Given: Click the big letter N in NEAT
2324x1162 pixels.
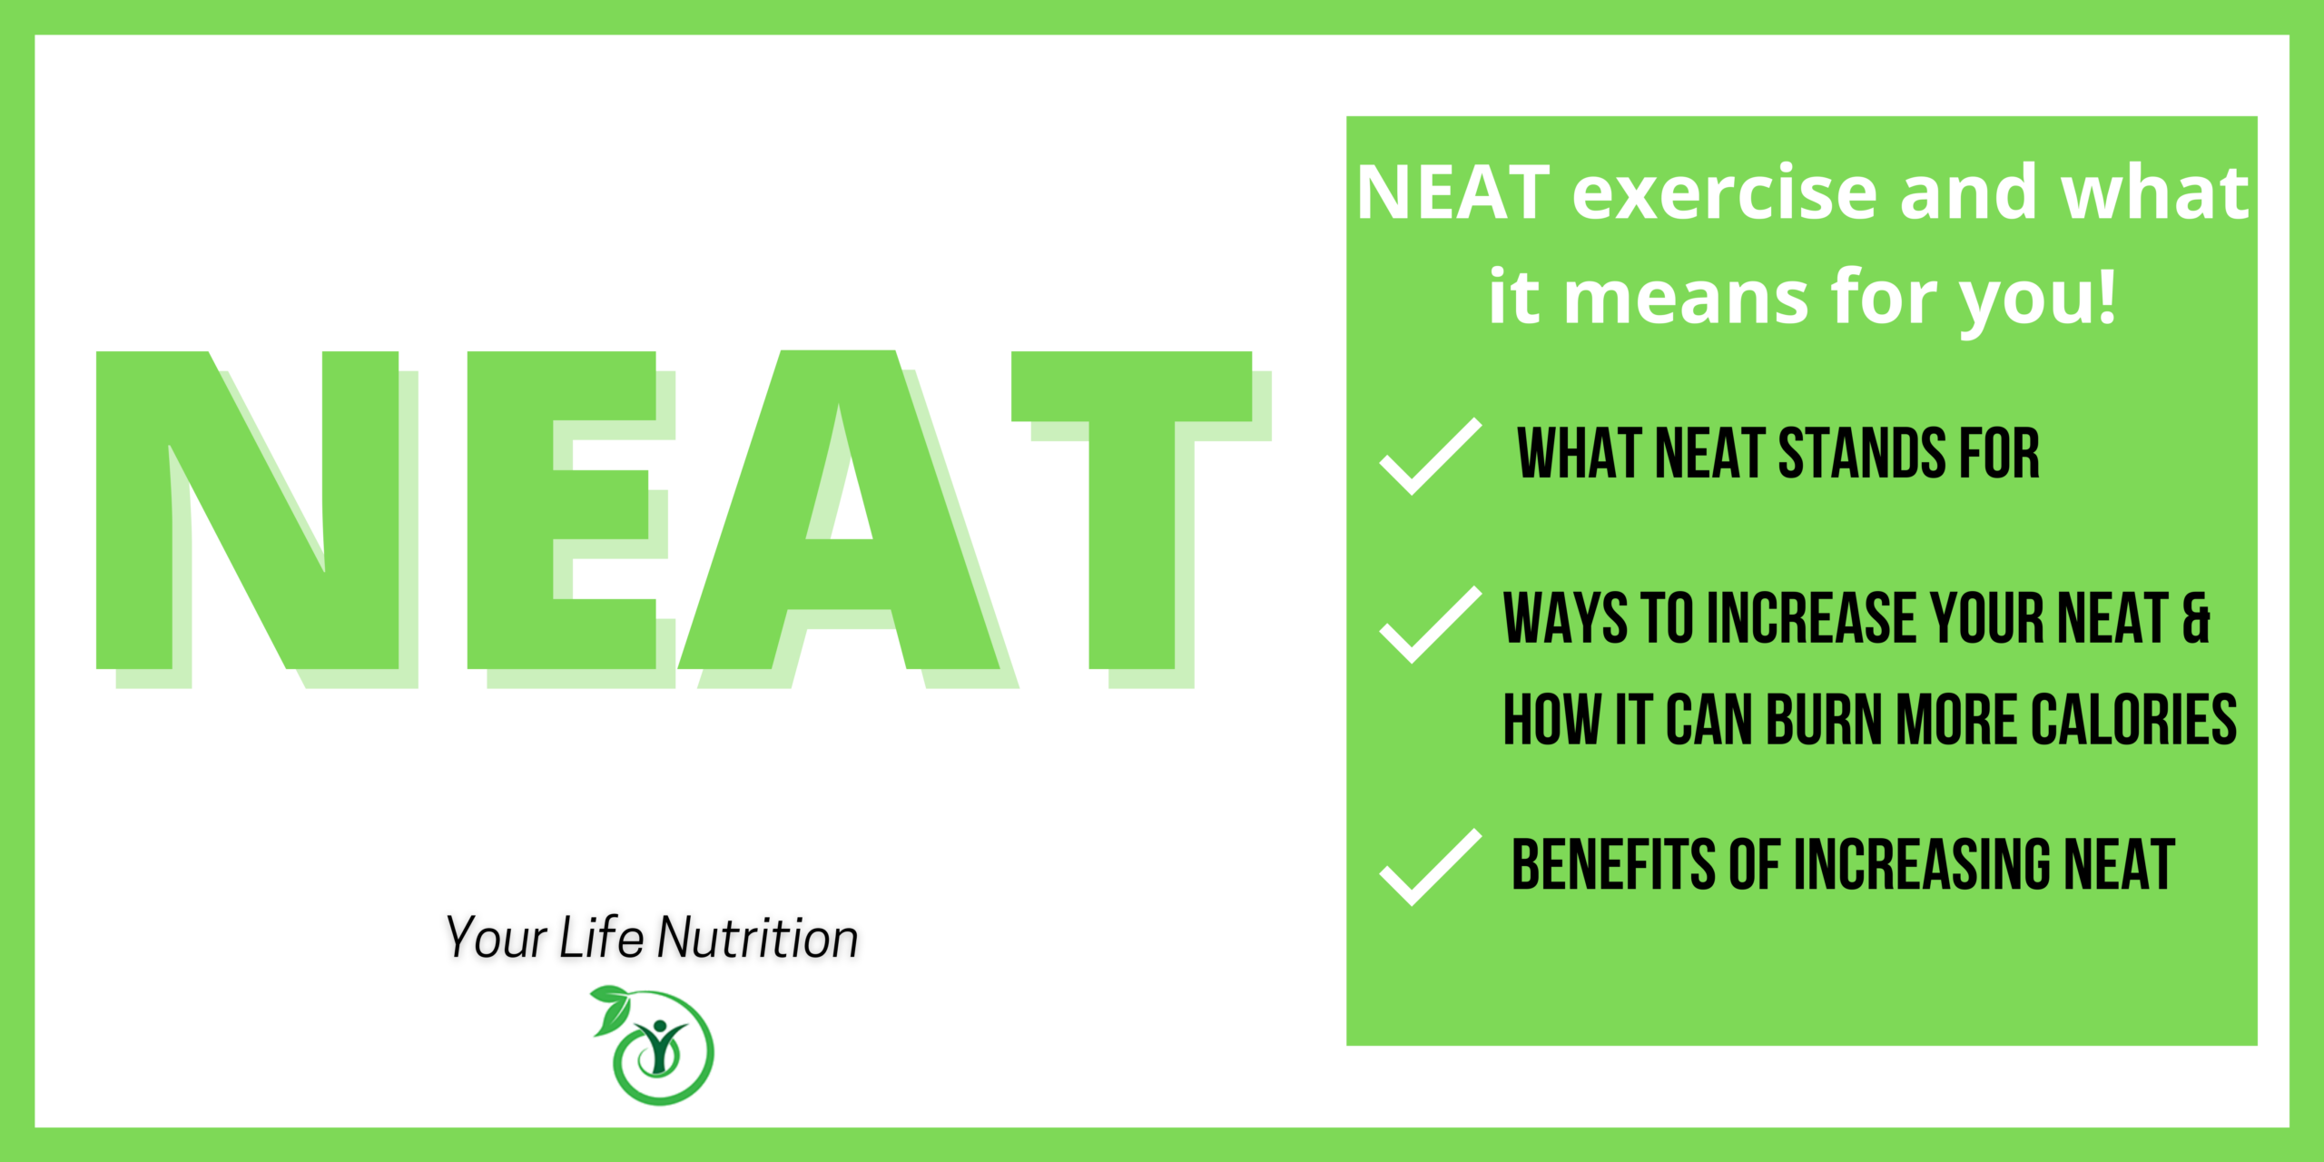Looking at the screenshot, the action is pos(247,510).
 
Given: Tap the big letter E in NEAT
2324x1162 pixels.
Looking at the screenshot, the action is pos(561,510).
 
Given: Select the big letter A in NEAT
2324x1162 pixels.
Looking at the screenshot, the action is pos(838,510).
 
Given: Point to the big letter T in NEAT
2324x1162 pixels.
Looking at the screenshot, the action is pos(1131,510).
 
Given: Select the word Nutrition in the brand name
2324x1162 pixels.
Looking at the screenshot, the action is pos(758,938).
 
